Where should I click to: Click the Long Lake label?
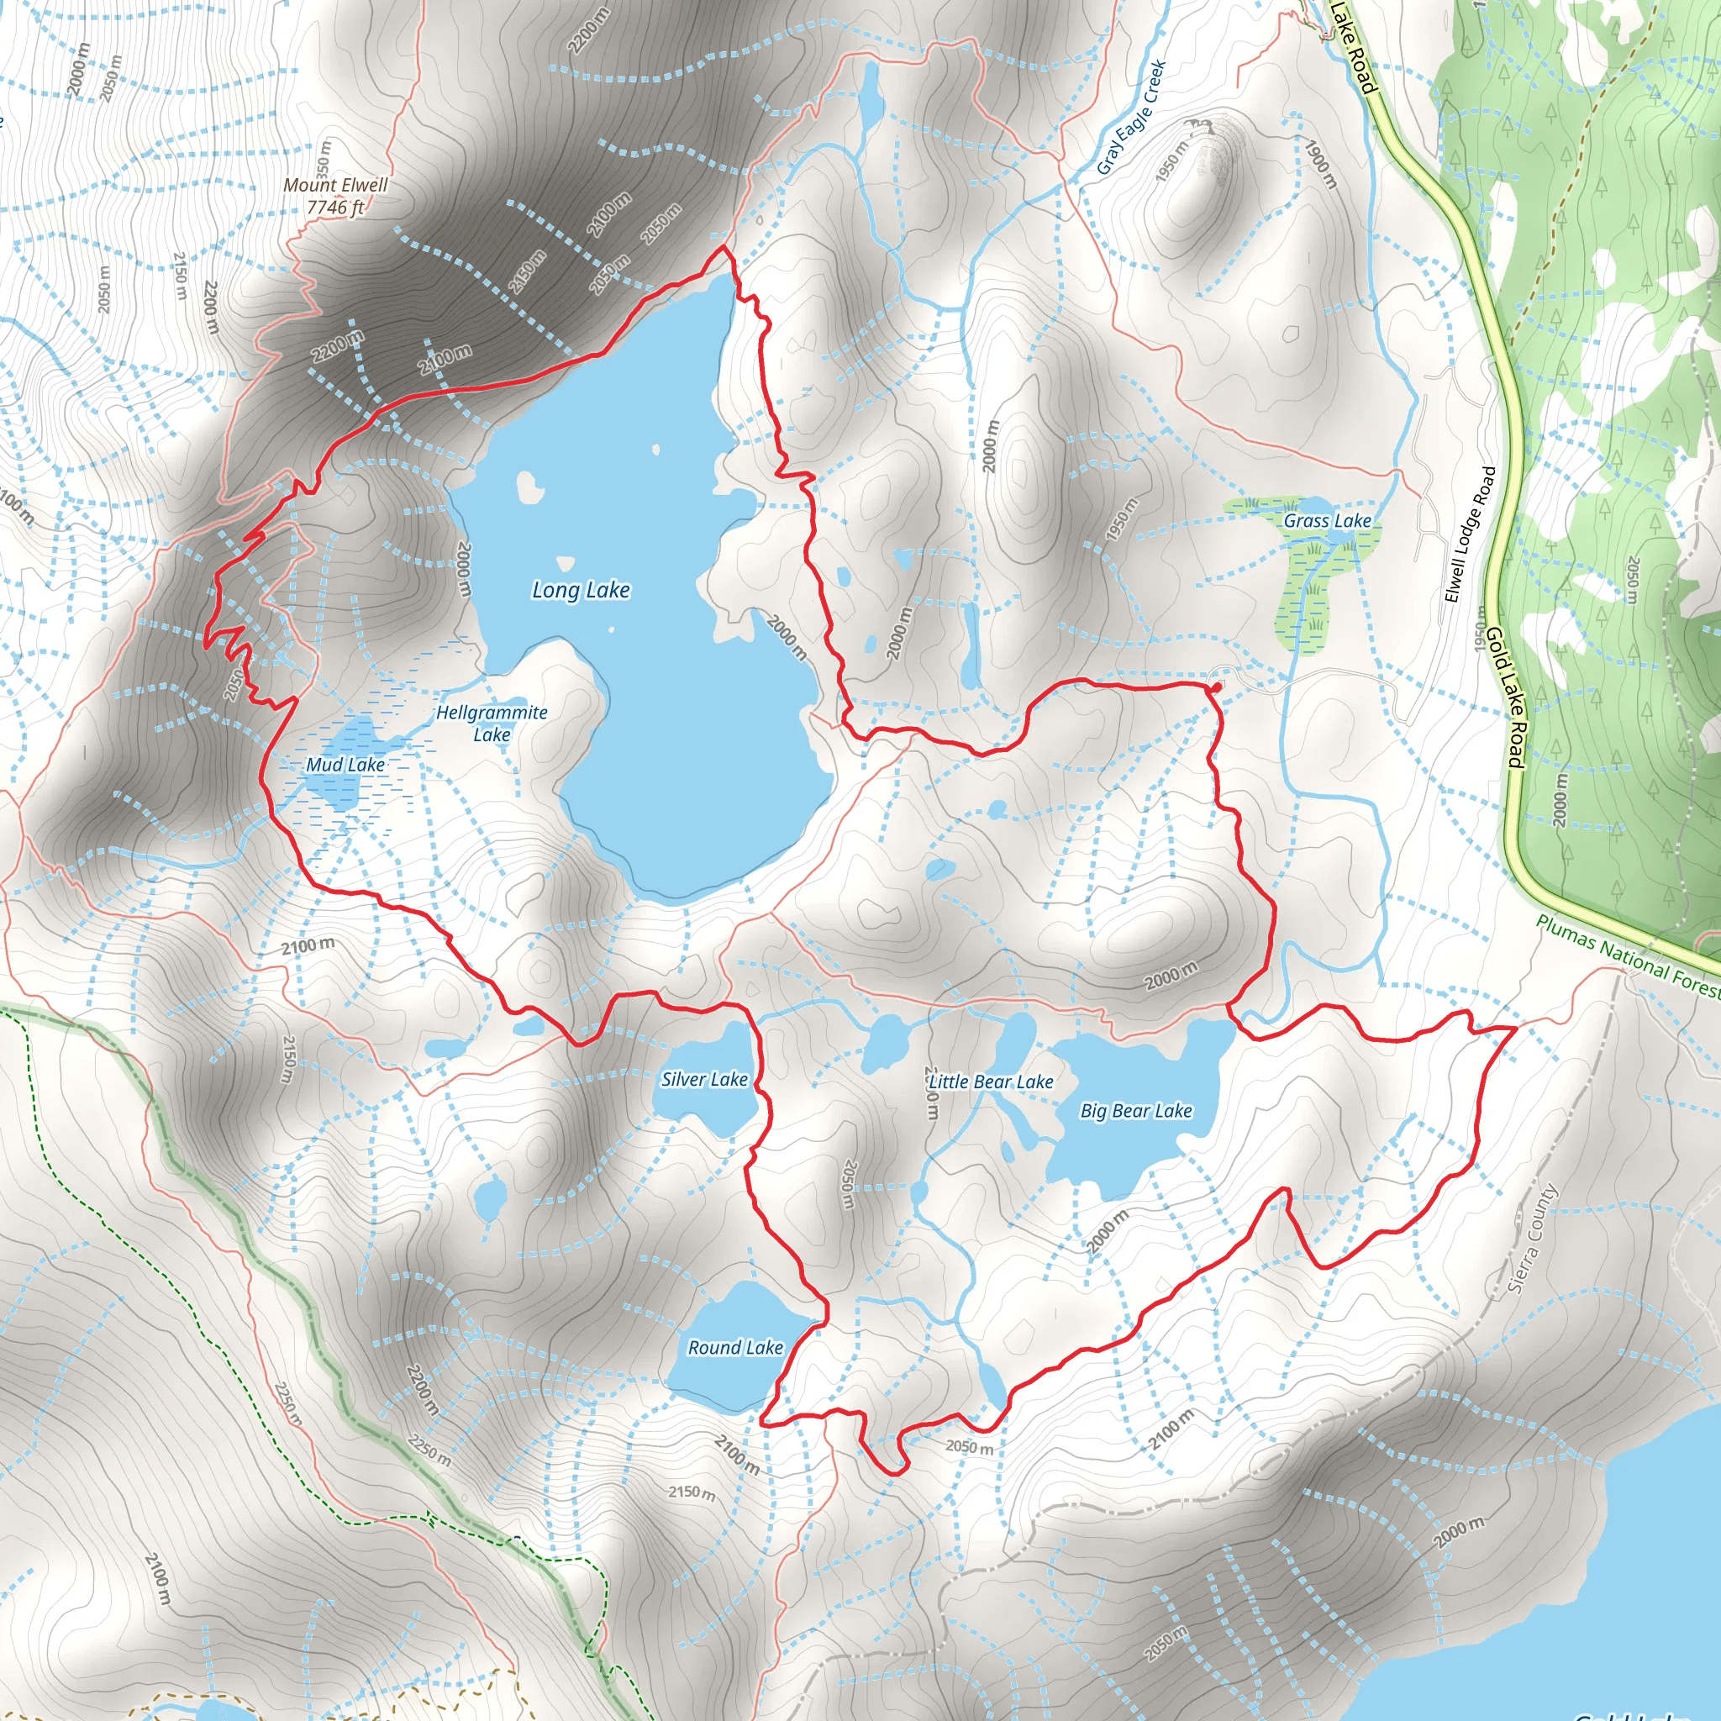pos(581,590)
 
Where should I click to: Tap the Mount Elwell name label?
pos(336,184)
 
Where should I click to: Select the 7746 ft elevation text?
pos(336,208)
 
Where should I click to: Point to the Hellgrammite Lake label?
pos(492,724)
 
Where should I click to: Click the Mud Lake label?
pos(345,765)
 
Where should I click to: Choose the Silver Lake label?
pos(704,1079)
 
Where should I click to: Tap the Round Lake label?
pos(735,1348)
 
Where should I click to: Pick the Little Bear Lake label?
pos(991,1082)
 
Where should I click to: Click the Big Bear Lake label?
pos(1136,1111)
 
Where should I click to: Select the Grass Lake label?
pos(1327,520)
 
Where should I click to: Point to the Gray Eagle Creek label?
pos(1131,117)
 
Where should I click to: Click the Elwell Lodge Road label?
pos(1470,534)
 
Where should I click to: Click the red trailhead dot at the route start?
pos(1216,687)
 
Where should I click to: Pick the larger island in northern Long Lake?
pos(530,487)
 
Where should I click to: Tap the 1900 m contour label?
pos(1322,163)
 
